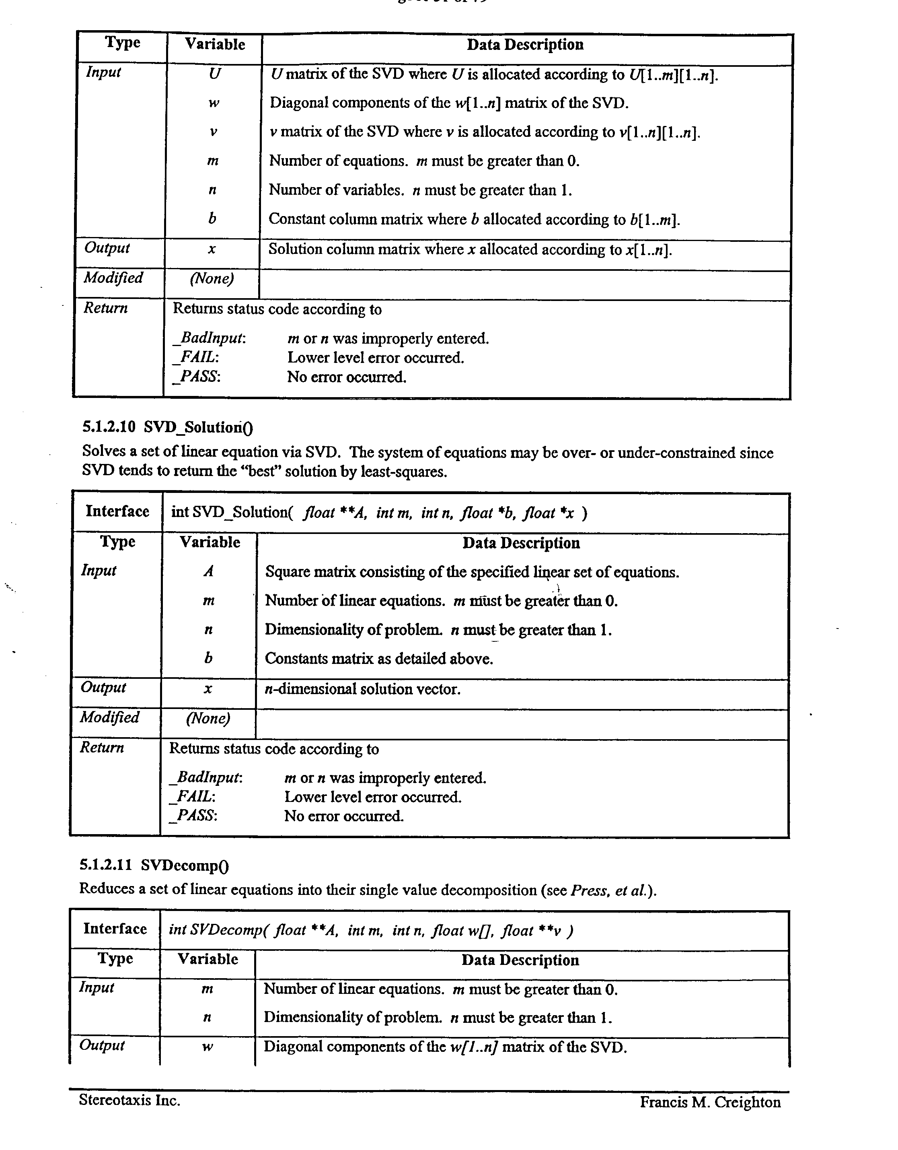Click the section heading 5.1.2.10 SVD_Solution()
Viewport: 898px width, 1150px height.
tap(167, 427)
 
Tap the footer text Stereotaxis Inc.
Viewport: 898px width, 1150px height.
tap(129, 1100)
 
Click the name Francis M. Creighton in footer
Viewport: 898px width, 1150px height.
tap(710, 1102)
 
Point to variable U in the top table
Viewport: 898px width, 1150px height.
tap(214, 74)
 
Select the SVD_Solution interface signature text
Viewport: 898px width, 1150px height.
tap(379, 512)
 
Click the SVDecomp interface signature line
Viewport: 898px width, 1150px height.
tap(370, 930)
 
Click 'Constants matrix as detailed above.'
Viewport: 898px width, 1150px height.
tap(378, 659)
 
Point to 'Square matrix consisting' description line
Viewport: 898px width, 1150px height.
tap(472, 572)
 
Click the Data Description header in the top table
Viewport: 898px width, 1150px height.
tap(525, 45)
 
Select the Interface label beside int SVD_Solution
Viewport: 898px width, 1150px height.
tap(117, 511)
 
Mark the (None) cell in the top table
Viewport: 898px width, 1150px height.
tap(212, 278)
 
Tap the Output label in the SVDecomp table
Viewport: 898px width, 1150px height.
tap(102, 1045)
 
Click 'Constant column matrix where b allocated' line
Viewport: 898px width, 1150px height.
tap(474, 219)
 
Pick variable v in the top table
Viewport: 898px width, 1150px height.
tap(213, 132)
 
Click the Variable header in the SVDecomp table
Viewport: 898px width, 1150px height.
tap(208, 959)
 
